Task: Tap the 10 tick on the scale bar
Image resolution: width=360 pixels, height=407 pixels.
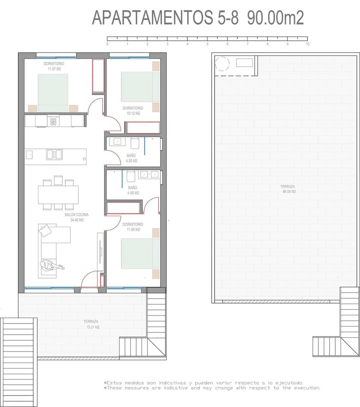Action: pos(307,39)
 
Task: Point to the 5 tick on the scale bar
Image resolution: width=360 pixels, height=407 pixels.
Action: pos(207,39)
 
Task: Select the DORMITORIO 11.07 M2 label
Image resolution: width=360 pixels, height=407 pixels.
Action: pos(54,66)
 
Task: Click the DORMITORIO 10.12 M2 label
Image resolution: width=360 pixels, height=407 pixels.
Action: pos(133,111)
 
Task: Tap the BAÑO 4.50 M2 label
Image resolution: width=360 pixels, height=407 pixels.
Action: pos(133,190)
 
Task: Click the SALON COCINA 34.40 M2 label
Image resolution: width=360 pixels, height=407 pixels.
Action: pos(77,217)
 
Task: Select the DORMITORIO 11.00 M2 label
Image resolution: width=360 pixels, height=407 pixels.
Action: pos(133,227)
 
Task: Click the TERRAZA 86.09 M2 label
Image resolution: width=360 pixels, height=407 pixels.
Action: pos(287,189)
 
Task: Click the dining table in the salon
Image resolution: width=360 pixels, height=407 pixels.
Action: pos(58,194)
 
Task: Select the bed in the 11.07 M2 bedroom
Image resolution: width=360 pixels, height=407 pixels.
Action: pos(53,93)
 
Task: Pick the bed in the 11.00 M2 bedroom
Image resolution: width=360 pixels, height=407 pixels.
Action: pos(140,253)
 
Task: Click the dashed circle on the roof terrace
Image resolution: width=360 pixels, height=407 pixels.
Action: pos(222,63)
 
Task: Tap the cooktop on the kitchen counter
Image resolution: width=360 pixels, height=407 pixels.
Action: pos(53,121)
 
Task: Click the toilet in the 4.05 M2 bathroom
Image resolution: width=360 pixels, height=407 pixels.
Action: pos(135,143)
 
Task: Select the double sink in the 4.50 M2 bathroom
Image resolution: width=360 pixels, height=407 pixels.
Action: pos(149,174)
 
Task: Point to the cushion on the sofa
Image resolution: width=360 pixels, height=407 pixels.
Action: pos(45,231)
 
